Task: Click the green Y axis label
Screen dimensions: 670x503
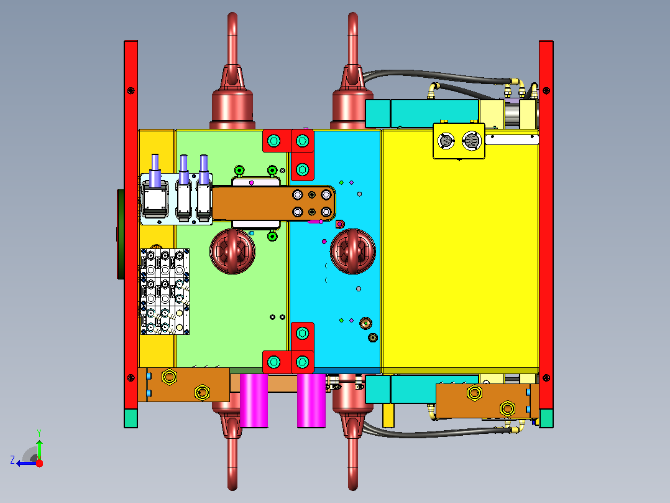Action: click(39, 433)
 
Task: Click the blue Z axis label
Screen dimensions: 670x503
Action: click(13, 460)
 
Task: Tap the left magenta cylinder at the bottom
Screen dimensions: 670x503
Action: click(254, 401)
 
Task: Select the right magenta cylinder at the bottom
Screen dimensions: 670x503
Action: click(311, 401)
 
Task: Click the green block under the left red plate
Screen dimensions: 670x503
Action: click(131, 418)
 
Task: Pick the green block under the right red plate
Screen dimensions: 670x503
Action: click(546, 418)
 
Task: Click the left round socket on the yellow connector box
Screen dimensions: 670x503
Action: click(446, 141)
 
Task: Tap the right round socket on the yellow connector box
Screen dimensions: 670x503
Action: click(472, 141)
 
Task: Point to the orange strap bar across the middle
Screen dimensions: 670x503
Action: click(273, 204)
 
